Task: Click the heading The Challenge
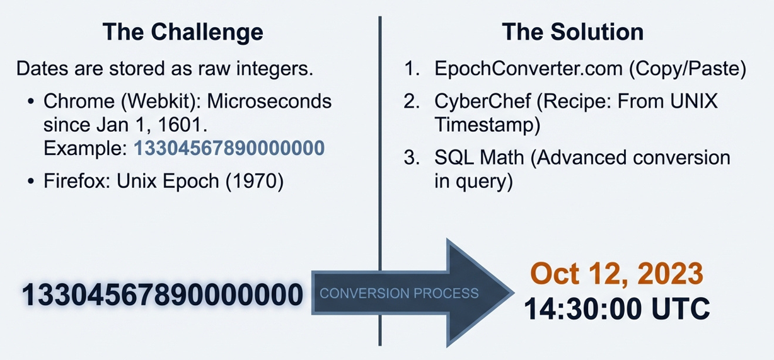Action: (183, 32)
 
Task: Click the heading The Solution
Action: (572, 32)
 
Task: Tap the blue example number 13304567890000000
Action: (229, 148)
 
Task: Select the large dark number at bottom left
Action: (163, 294)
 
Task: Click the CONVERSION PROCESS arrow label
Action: (399, 293)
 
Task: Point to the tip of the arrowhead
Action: (514, 293)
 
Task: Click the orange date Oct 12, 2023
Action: (617, 274)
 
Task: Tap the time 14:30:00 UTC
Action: (617, 308)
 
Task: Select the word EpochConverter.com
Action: (528, 69)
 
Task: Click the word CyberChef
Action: (482, 101)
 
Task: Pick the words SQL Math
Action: (479, 158)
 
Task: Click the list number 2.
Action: (411, 102)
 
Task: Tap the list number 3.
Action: (411, 158)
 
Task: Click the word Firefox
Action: (77, 181)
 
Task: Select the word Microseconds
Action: (269, 102)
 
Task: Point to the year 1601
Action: (182, 125)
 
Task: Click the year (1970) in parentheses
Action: (255, 181)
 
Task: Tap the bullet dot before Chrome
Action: (31, 102)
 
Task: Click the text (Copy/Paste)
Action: (688, 69)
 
